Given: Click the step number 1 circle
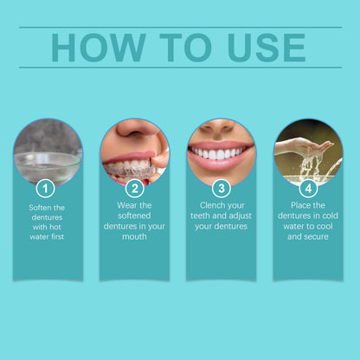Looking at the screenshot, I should pyautogui.click(x=48, y=187).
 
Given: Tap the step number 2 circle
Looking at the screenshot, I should pyautogui.click(x=134, y=187).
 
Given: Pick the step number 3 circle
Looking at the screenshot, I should pyautogui.click(x=222, y=187).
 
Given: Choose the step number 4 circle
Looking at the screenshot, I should pyautogui.click(x=308, y=187).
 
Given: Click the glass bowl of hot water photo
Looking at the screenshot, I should pyautogui.click(x=48, y=161).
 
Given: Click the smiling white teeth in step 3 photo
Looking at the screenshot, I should pyautogui.click(x=222, y=154).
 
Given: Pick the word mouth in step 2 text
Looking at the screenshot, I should pyautogui.click(x=134, y=236).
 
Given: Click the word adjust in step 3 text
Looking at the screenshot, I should pyautogui.click(x=230, y=216).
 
